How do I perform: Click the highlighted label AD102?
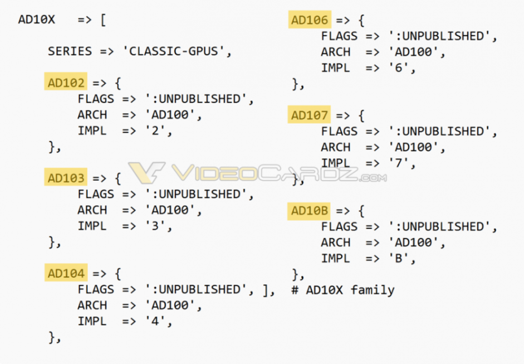(66, 83)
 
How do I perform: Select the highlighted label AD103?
(66, 178)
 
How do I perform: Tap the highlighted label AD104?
(66, 274)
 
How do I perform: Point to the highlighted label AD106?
(310, 20)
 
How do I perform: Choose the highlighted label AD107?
(310, 115)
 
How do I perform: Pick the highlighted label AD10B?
(310, 211)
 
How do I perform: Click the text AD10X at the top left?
(37, 20)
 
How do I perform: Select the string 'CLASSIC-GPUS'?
(177, 51)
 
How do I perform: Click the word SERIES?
(70, 51)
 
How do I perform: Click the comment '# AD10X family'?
(342, 290)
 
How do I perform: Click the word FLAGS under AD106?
(340, 36)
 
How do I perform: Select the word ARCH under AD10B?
(336, 242)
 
